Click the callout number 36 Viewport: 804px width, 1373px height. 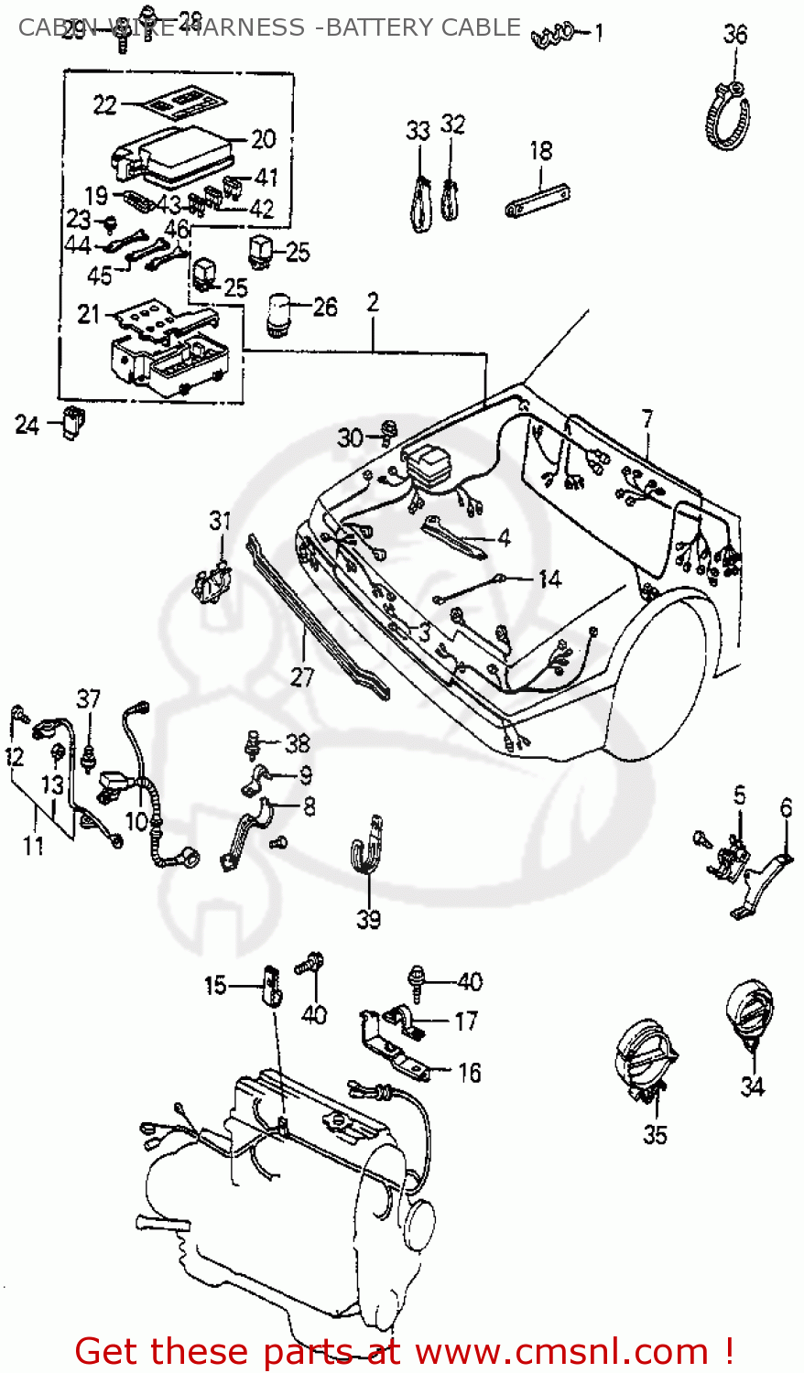[735, 35]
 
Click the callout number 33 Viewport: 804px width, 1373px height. [418, 131]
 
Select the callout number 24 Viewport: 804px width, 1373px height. [27, 425]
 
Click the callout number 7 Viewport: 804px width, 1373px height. [647, 420]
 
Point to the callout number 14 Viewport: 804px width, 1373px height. [549, 579]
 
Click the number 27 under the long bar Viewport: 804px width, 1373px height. [302, 676]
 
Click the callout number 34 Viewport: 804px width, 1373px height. [752, 1087]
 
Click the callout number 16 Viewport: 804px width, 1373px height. [469, 1073]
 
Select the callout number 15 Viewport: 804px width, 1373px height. [215, 986]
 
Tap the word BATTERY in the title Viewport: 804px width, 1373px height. [381, 27]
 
